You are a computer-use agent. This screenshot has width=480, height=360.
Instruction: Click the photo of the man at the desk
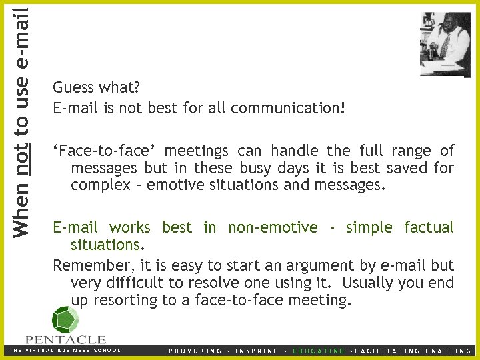[x=445, y=44]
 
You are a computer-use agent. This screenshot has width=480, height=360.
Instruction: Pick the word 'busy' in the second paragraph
[x=251, y=168]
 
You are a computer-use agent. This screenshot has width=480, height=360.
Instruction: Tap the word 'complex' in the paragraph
[x=100, y=185]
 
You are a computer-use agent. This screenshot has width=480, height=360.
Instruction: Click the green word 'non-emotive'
[x=273, y=227]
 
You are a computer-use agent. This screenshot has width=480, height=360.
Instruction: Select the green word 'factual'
[x=428, y=227]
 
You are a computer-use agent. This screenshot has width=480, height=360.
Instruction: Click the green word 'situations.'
[x=106, y=245]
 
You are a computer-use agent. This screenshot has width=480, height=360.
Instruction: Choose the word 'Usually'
[x=365, y=283]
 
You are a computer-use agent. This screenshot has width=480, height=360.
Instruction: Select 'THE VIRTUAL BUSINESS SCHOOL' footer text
[x=64, y=350]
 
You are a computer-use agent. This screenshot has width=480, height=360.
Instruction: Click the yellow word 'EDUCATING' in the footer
[x=319, y=351]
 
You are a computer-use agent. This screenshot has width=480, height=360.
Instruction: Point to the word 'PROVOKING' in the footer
[x=195, y=351]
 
